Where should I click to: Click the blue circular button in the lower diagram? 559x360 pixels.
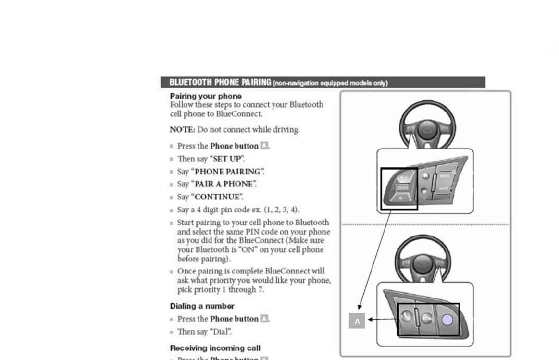coord(447,320)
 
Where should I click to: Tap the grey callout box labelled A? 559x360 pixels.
coord(357,321)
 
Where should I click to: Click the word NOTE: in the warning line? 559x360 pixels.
coord(183,130)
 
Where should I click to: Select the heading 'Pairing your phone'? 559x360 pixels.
coord(206,96)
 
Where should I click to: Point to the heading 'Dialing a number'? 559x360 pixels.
coord(202,306)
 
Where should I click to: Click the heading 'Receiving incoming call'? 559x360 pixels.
coord(215,348)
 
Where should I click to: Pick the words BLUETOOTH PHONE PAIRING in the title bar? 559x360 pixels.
coord(220,82)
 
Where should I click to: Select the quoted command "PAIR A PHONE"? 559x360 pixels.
coord(224,184)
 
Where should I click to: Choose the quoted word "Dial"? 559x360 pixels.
coord(220,332)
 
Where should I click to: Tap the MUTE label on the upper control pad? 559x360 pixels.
coord(444,189)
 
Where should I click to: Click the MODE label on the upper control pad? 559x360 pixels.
coord(444,176)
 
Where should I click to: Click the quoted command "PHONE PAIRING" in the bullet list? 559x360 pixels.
coord(228,172)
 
